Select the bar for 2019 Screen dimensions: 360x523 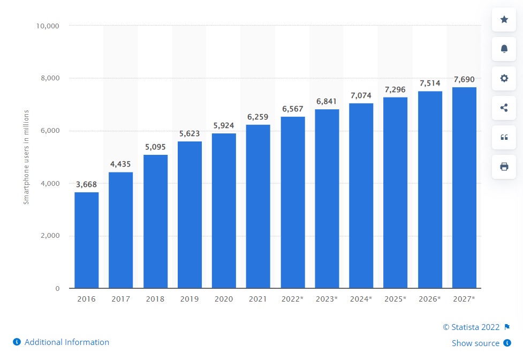(x=190, y=215)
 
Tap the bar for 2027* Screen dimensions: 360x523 (x=464, y=187)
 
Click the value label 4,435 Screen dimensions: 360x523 (x=120, y=164)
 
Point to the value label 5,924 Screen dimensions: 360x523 (x=224, y=125)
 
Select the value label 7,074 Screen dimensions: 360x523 (x=361, y=95)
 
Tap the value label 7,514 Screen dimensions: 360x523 (x=430, y=83)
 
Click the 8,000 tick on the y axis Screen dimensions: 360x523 (x=49, y=78)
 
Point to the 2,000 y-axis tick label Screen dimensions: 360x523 (x=49, y=236)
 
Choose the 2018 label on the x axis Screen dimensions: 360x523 (x=155, y=299)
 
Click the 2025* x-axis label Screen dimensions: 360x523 (x=395, y=299)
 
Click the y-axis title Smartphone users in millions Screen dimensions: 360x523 (x=26, y=157)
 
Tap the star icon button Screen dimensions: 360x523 (x=504, y=20)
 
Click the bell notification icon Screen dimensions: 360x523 (x=504, y=49)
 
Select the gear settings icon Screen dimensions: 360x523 (x=504, y=78)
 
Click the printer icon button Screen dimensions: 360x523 (x=504, y=167)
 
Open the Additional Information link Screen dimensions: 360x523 (x=66, y=342)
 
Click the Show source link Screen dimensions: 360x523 (x=475, y=343)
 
